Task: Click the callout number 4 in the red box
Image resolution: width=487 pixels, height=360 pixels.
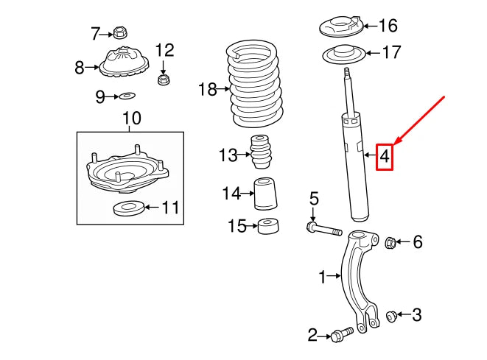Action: click(x=385, y=156)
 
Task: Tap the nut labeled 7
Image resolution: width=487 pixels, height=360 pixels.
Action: click(x=121, y=33)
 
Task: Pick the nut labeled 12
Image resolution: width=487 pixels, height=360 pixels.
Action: click(x=164, y=77)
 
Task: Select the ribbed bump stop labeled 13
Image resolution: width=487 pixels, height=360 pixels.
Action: click(x=260, y=154)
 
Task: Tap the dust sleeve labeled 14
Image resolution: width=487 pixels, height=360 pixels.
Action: click(x=266, y=194)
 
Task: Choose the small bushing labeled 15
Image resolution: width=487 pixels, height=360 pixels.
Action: click(x=268, y=227)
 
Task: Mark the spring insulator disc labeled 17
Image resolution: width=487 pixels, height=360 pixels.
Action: click(x=342, y=54)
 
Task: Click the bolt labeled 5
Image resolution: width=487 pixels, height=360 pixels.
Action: click(x=324, y=230)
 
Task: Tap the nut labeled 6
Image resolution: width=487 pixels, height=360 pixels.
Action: click(x=392, y=241)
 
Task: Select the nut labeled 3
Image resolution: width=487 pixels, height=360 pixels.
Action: click(x=392, y=317)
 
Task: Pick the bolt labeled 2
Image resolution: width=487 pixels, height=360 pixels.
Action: click(x=340, y=336)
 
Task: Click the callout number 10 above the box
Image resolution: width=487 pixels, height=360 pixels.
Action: click(x=130, y=118)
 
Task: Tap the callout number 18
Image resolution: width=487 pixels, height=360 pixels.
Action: click(x=208, y=90)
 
